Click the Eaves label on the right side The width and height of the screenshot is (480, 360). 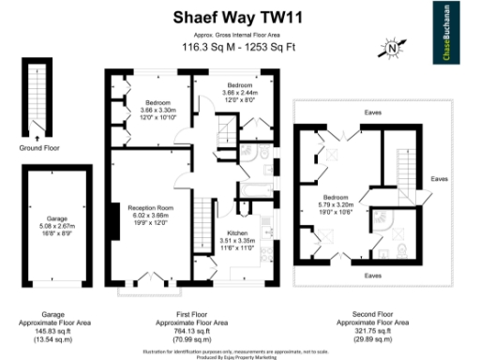point(439,178)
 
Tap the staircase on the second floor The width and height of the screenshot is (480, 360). point(405,164)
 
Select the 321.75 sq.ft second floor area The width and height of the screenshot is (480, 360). point(372,330)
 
